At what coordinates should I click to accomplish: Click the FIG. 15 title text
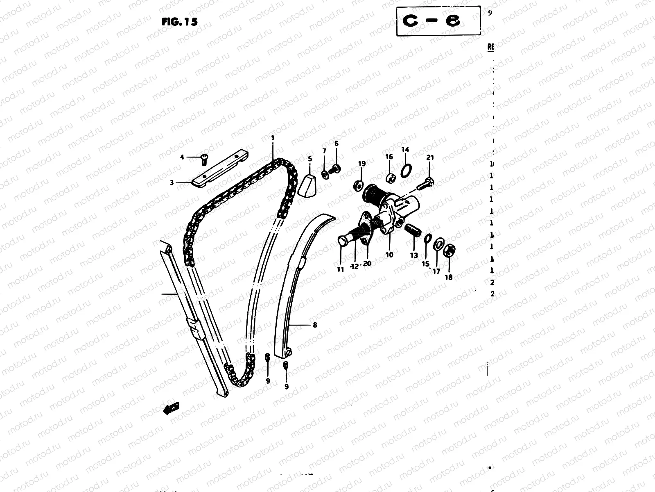click(179, 22)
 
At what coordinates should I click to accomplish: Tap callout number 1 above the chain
click(272, 138)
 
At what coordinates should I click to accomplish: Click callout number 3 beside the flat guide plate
click(172, 182)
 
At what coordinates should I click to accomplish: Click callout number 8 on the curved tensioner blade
click(315, 325)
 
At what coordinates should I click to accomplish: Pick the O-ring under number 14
click(406, 170)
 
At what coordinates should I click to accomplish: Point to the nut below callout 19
click(357, 185)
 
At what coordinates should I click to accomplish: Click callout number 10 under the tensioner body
click(389, 255)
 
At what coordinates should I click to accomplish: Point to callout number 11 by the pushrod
click(340, 269)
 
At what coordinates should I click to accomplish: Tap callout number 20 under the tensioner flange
click(367, 264)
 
